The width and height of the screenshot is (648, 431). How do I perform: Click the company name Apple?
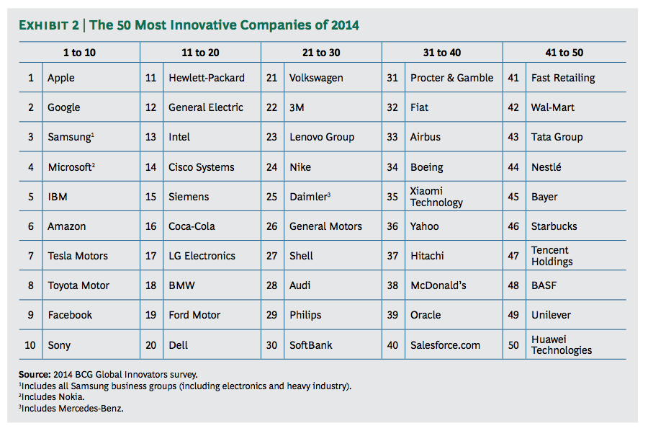point(61,78)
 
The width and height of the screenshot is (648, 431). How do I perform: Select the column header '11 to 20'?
point(200,52)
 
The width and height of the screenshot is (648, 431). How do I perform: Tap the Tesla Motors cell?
point(78,256)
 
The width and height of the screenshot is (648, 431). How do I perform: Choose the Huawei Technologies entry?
point(561,345)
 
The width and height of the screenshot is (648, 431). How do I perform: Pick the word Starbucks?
point(554,226)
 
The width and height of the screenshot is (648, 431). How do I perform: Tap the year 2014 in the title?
point(345,26)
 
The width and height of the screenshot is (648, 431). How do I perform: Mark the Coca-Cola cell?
point(192,226)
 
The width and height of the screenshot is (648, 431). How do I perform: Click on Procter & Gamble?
point(451,78)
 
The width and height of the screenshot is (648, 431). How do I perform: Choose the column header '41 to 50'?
point(564,52)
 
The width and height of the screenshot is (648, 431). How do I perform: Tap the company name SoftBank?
point(311,345)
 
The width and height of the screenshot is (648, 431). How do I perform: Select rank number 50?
point(513,345)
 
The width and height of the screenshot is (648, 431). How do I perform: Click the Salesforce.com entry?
point(445,345)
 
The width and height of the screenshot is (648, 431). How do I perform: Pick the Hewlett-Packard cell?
point(207,78)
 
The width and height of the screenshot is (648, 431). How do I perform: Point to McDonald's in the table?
point(438,285)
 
